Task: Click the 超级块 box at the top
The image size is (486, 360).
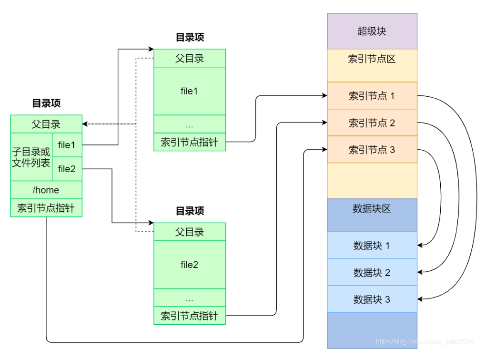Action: click(x=372, y=31)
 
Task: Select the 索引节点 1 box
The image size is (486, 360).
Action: click(x=372, y=96)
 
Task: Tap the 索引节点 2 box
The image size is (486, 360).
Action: click(x=372, y=123)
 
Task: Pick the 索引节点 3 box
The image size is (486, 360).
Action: click(x=372, y=150)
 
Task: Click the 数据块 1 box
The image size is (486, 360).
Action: click(x=372, y=246)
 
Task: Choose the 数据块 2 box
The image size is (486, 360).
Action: click(x=372, y=273)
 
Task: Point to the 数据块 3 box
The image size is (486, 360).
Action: click(x=372, y=299)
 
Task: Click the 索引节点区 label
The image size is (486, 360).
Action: click(x=372, y=59)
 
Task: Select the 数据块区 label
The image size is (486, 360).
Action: click(x=372, y=208)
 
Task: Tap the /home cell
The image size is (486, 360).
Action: click(x=46, y=190)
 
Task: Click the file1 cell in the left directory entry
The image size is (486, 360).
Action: click(x=67, y=145)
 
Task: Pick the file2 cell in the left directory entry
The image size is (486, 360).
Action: click(x=67, y=168)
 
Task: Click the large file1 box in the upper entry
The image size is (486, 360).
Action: click(x=189, y=91)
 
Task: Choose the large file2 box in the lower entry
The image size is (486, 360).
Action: click(x=189, y=265)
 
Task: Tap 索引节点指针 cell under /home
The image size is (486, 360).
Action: click(x=46, y=208)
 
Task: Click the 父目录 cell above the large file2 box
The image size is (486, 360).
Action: click(x=189, y=232)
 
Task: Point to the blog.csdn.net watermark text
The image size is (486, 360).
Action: click(x=425, y=341)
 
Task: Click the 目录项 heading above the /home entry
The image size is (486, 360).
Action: click(x=46, y=103)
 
